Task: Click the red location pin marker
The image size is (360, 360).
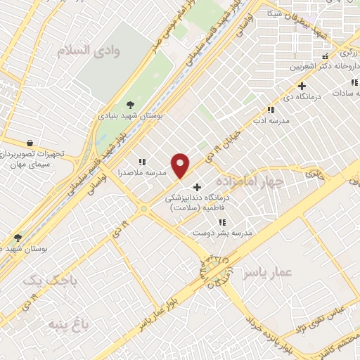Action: coord(181,165)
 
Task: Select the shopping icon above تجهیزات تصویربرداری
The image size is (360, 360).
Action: coord(29,142)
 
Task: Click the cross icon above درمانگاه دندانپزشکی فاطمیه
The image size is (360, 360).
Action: coord(197,188)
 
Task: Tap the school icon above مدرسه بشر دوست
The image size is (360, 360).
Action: coord(222,222)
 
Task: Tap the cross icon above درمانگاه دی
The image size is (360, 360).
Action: coord(302,86)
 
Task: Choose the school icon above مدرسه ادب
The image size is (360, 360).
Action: coord(271,110)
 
